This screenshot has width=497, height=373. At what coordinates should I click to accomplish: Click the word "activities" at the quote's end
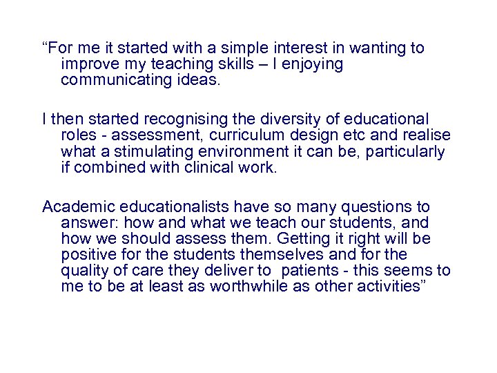[390, 287]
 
